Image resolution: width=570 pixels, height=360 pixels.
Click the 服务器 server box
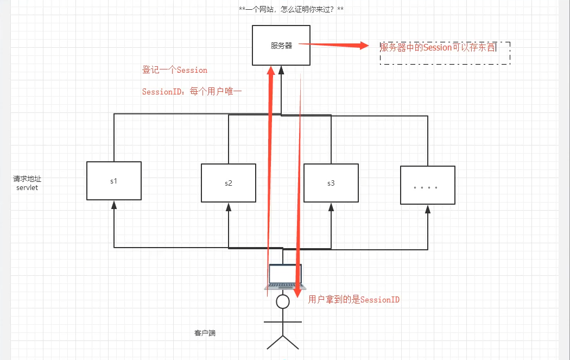click(x=282, y=46)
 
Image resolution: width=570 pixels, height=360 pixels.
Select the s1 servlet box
click(x=114, y=181)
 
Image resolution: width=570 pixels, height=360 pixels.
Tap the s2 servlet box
click(x=228, y=183)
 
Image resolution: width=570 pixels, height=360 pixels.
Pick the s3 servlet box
click(x=331, y=183)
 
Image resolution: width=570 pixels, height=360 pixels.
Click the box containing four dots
click(x=427, y=185)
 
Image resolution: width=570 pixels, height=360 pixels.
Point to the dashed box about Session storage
click(x=445, y=53)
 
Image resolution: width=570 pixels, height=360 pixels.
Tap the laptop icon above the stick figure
click(x=286, y=276)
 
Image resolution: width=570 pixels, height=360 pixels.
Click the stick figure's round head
click(x=282, y=302)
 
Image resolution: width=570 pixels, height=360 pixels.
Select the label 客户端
click(x=205, y=332)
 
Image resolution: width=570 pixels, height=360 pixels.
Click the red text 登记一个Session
click(x=175, y=70)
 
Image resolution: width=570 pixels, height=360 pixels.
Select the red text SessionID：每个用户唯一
click(x=192, y=92)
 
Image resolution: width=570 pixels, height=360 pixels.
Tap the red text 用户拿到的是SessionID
click(x=354, y=299)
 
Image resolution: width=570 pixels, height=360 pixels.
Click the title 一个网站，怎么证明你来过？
click(x=291, y=10)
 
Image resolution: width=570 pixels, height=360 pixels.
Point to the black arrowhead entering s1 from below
click(x=114, y=204)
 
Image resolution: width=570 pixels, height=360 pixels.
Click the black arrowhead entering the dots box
click(x=427, y=209)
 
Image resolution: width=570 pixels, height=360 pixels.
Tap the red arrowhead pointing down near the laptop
click(x=297, y=293)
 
